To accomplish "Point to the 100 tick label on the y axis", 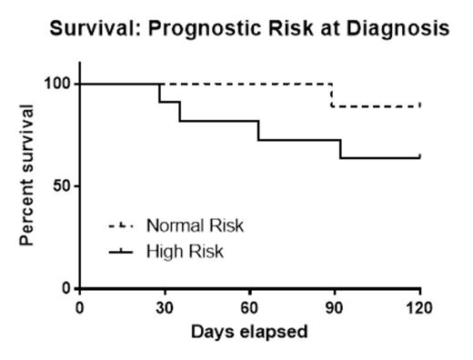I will [x=59, y=84].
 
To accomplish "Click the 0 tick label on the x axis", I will [x=80, y=306].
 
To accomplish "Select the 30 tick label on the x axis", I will [x=165, y=306].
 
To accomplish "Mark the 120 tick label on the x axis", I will [x=418, y=306].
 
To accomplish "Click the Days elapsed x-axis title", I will [x=249, y=331].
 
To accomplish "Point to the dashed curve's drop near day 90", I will [x=331, y=95].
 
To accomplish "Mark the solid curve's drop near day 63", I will [x=258, y=130].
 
